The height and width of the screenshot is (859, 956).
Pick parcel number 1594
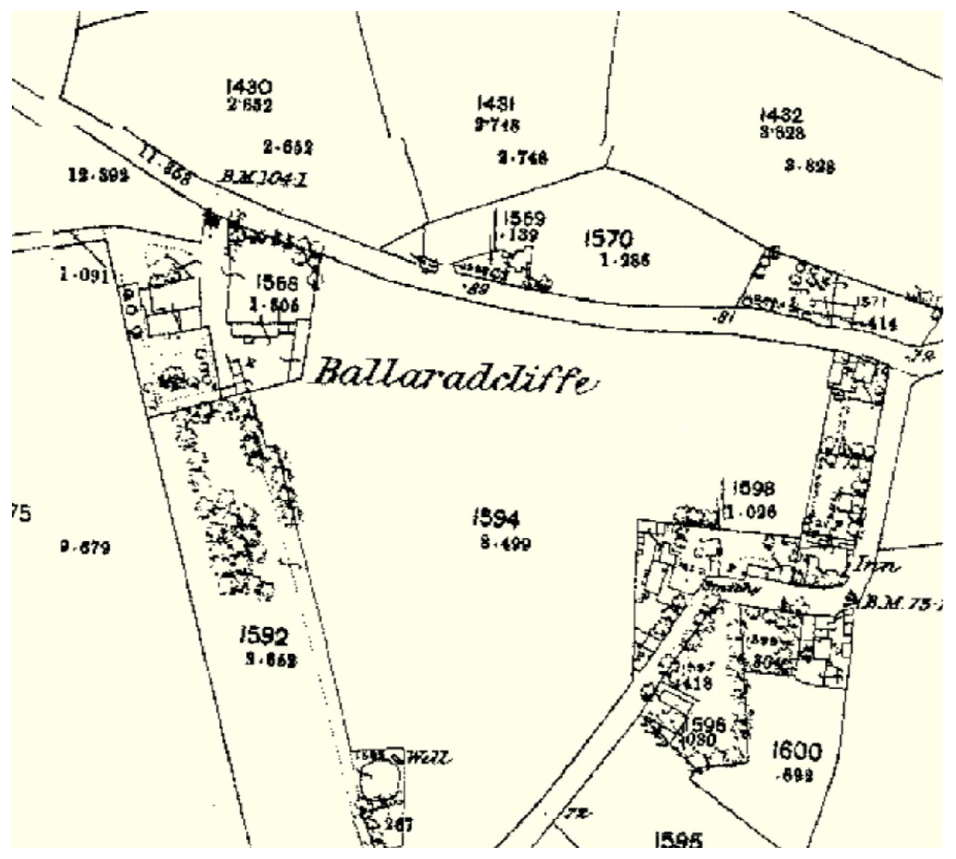(x=496, y=519)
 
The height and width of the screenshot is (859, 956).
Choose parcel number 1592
(x=264, y=636)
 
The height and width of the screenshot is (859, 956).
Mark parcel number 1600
(x=797, y=751)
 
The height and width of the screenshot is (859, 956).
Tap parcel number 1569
(x=524, y=218)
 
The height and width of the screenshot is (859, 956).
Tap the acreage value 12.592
(x=98, y=175)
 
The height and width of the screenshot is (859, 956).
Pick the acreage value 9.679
(x=85, y=548)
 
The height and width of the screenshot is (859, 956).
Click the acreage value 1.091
(x=85, y=276)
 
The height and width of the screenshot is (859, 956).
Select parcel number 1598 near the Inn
(x=754, y=489)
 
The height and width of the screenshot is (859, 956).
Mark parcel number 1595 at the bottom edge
(x=678, y=839)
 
